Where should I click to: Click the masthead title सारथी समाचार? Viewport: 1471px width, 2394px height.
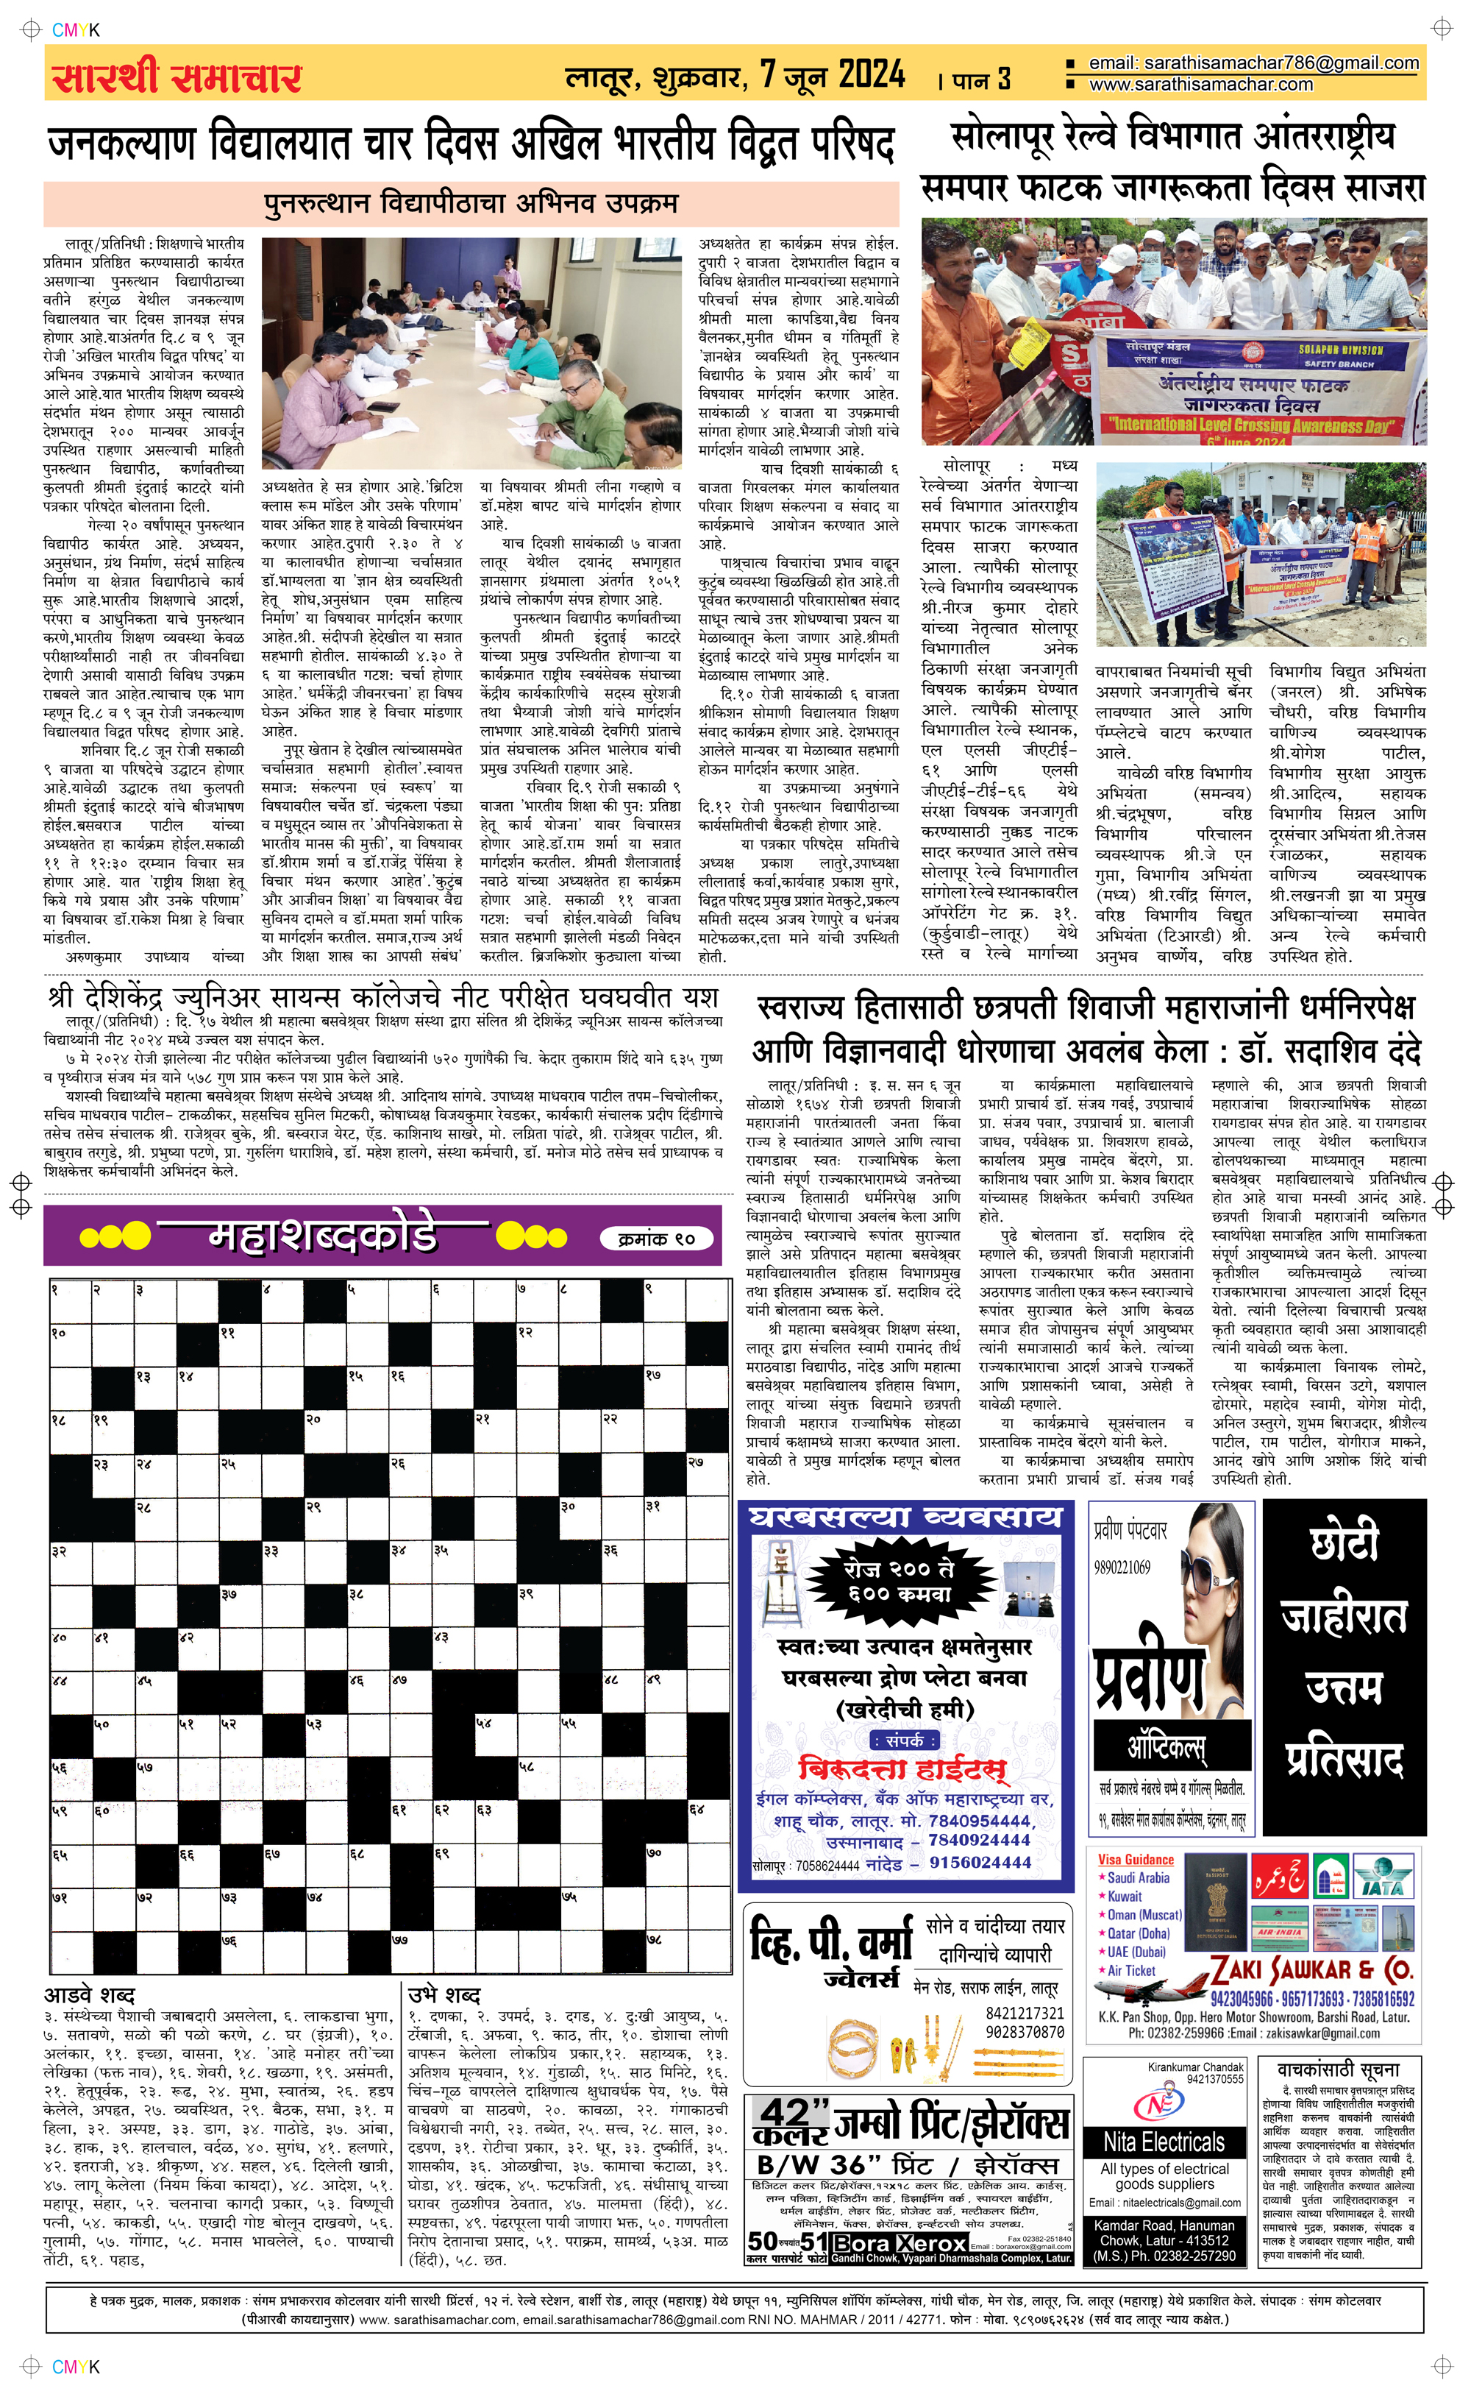click(x=177, y=76)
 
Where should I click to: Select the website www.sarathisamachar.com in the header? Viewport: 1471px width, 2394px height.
click(x=1200, y=85)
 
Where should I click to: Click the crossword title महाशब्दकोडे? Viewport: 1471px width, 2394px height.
click(x=323, y=1236)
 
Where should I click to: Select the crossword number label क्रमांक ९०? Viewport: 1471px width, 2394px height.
click(x=656, y=1239)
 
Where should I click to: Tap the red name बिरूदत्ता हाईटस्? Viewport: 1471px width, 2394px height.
click(x=902, y=1768)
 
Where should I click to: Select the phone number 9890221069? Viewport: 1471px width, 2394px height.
click(x=1122, y=1568)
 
